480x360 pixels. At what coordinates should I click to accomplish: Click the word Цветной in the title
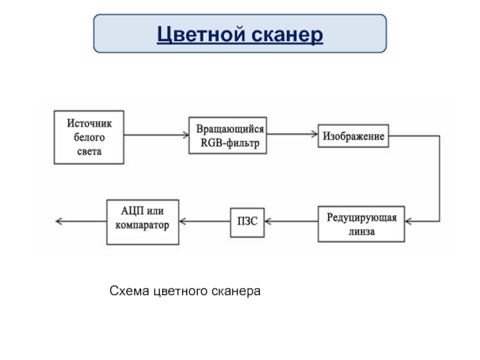[201, 34]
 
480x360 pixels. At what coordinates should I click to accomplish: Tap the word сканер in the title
[287, 35]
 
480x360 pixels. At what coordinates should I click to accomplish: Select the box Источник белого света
[89, 137]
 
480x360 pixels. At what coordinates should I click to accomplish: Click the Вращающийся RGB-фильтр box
[228, 136]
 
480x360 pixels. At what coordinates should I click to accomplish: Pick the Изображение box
[353, 136]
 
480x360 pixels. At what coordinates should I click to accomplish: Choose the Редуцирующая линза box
[361, 224]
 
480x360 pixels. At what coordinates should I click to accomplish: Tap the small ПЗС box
[247, 223]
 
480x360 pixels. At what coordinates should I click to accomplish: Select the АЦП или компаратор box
[143, 222]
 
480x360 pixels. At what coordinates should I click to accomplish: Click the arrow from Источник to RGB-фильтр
[157, 134]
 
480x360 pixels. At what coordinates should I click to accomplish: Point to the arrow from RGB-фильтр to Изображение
[292, 134]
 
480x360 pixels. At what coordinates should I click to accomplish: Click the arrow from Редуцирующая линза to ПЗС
[291, 221]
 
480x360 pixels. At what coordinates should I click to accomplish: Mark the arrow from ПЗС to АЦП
[205, 221]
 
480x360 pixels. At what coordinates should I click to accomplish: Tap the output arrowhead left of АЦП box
[59, 221]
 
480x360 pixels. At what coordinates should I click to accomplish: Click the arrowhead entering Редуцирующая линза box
[408, 221]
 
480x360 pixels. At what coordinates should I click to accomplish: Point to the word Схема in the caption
[129, 291]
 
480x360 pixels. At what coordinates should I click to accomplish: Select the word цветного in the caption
[181, 292]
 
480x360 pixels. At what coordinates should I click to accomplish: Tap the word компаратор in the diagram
[142, 226]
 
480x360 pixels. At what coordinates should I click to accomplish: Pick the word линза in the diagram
[362, 232]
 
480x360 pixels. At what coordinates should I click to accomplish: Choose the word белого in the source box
[89, 138]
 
